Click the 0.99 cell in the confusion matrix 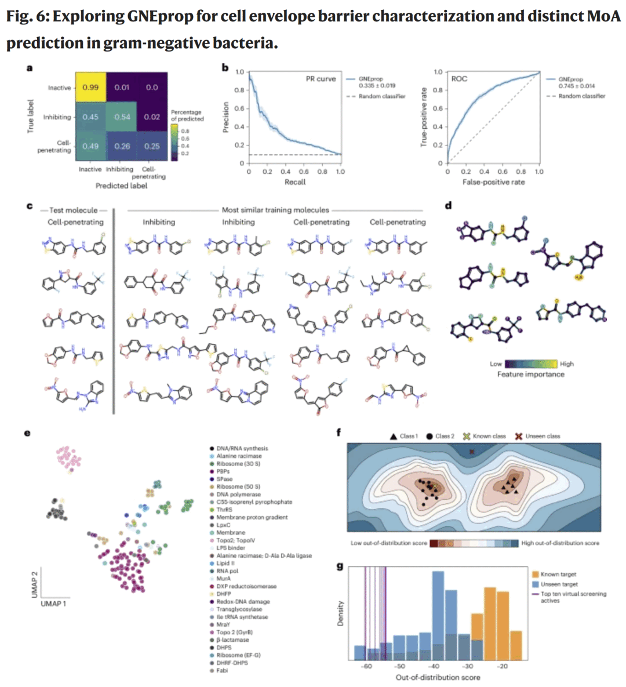[90, 88]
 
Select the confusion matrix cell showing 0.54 [122, 117]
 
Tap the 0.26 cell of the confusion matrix [122, 146]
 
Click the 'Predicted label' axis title [121, 186]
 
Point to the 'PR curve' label [321, 79]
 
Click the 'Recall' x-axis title [294, 182]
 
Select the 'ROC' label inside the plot [459, 79]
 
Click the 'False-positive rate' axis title [493, 182]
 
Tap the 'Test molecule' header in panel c [74, 210]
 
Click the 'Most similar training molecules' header [275, 210]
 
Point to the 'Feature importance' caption [530, 375]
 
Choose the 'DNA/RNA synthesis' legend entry [242, 448]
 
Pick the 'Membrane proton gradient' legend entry [252, 517]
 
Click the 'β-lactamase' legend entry [232, 640]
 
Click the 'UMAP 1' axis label [53, 604]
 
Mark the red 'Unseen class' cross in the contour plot [472, 451]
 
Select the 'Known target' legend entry [558, 575]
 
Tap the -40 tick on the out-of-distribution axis [434, 667]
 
